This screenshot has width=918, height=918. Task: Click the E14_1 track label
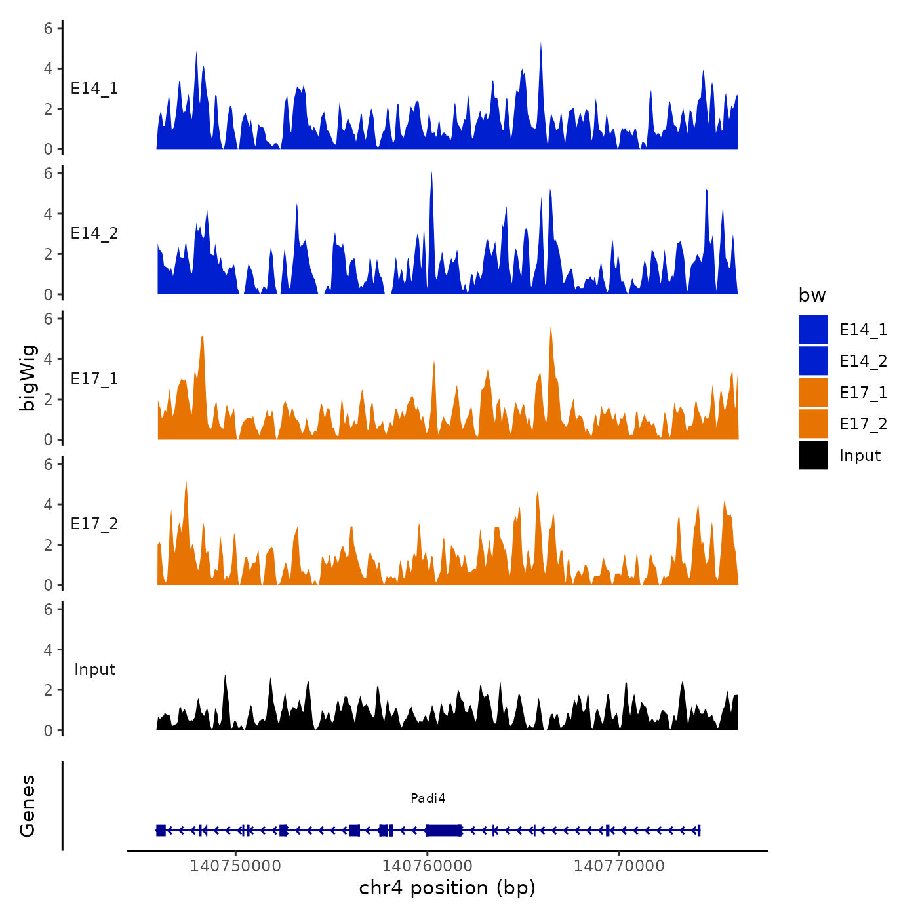pyautogui.click(x=94, y=89)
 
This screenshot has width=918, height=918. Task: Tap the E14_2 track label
pyautogui.click(x=94, y=233)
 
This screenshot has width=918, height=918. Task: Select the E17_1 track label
pyautogui.click(x=94, y=379)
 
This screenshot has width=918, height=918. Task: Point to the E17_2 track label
pyautogui.click(x=94, y=524)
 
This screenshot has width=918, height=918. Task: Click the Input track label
pyautogui.click(x=94, y=669)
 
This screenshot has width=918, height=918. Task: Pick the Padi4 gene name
pyautogui.click(x=428, y=798)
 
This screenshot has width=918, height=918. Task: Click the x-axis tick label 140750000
pyautogui.click(x=235, y=866)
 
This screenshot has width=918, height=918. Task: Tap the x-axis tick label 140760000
pyautogui.click(x=428, y=866)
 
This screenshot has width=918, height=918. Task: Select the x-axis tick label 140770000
pyautogui.click(x=619, y=866)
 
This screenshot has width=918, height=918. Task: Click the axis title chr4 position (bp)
pyautogui.click(x=447, y=888)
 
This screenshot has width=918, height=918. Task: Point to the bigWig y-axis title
pyautogui.click(x=28, y=378)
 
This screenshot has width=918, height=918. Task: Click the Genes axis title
pyautogui.click(x=28, y=806)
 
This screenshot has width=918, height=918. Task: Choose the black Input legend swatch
pyautogui.click(x=813, y=455)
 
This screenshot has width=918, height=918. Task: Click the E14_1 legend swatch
pyautogui.click(x=813, y=329)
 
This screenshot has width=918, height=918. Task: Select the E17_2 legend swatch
pyautogui.click(x=813, y=424)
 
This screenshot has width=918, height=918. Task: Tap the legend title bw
pyautogui.click(x=812, y=295)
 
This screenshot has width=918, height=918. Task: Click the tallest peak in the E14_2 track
pyautogui.click(x=431, y=173)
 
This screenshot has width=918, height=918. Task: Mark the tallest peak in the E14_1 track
pyautogui.click(x=541, y=44)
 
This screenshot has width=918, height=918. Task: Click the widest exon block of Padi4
pyautogui.click(x=444, y=830)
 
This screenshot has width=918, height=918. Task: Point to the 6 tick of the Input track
pyautogui.click(x=49, y=609)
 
